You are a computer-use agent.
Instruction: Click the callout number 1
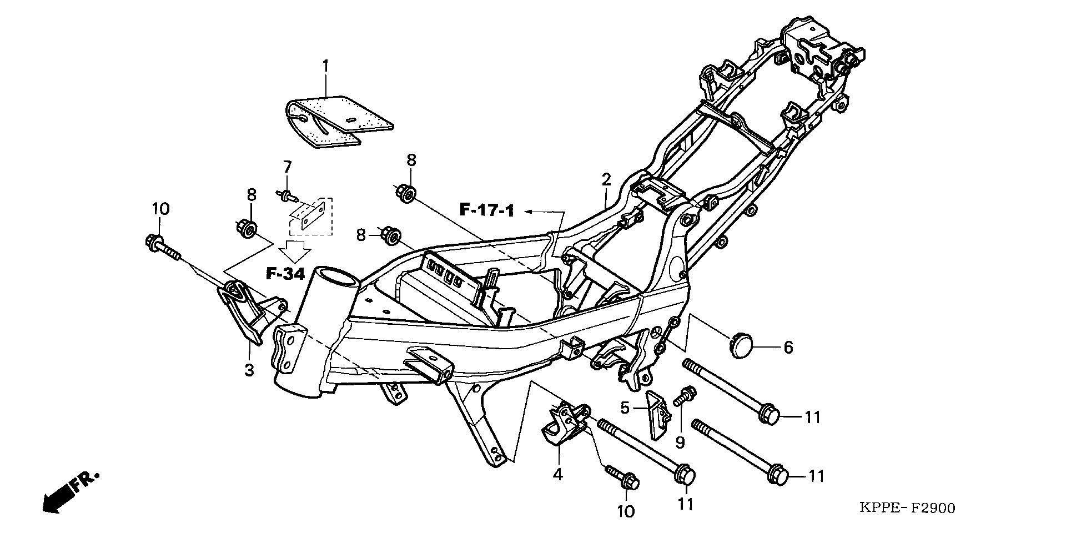326,67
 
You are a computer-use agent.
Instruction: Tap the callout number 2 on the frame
606,179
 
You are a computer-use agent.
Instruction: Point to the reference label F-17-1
487,210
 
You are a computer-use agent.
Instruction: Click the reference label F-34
285,274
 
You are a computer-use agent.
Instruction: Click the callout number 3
249,369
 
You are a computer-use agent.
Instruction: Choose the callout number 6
788,348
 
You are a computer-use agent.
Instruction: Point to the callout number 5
625,408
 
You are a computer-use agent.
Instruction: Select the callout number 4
557,474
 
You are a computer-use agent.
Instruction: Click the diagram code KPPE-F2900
907,508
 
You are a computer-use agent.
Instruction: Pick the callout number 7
287,167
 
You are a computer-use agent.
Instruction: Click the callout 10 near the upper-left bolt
160,209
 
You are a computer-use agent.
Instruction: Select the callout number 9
680,442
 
